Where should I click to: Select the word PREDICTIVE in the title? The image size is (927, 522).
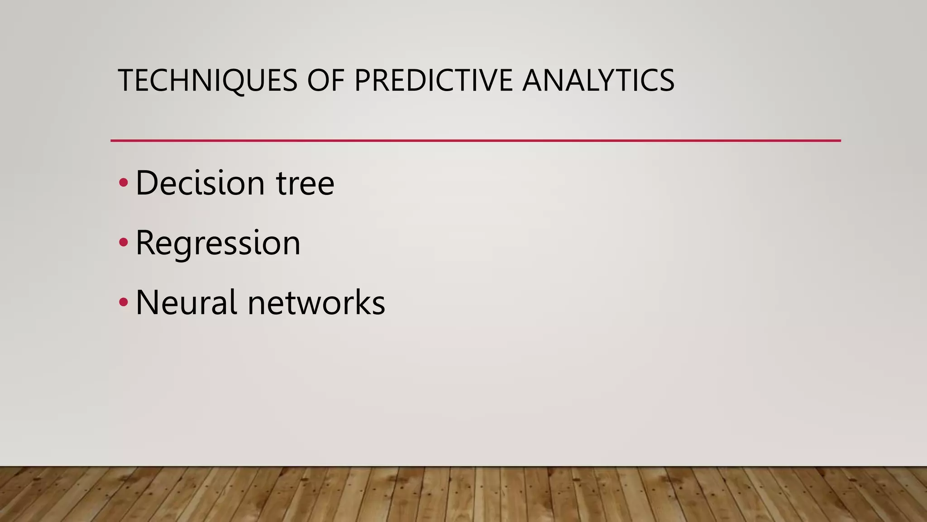[x=433, y=81]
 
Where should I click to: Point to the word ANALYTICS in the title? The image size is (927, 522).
[x=598, y=81]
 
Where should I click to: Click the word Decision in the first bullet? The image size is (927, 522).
[x=200, y=183]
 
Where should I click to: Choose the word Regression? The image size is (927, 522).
[x=218, y=243]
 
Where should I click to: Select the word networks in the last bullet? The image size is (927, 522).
[x=316, y=303]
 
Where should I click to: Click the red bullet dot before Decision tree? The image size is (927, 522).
[x=124, y=183]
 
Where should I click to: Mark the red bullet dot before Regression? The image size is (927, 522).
[x=124, y=243]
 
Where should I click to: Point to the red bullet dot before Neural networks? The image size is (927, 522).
[x=124, y=303]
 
